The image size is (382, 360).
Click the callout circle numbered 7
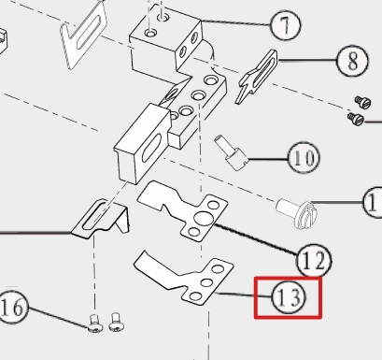click(286, 24)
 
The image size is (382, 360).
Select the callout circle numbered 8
click(352, 61)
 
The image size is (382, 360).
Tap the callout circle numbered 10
click(304, 158)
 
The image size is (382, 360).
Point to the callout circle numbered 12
click(314, 261)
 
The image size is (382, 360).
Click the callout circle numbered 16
click(12, 307)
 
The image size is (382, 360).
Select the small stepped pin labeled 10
click(231, 152)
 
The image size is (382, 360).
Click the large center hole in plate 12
click(203, 218)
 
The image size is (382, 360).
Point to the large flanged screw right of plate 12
click(296, 212)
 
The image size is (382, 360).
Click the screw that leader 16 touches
click(95, 324)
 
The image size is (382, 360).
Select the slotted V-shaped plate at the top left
click(83, 35)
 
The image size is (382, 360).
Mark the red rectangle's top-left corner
click(255, 278)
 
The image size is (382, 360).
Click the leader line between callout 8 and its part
click(307, 61)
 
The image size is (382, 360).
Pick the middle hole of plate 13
click(206, 282)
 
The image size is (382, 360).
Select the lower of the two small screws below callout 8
click(356, 119)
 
